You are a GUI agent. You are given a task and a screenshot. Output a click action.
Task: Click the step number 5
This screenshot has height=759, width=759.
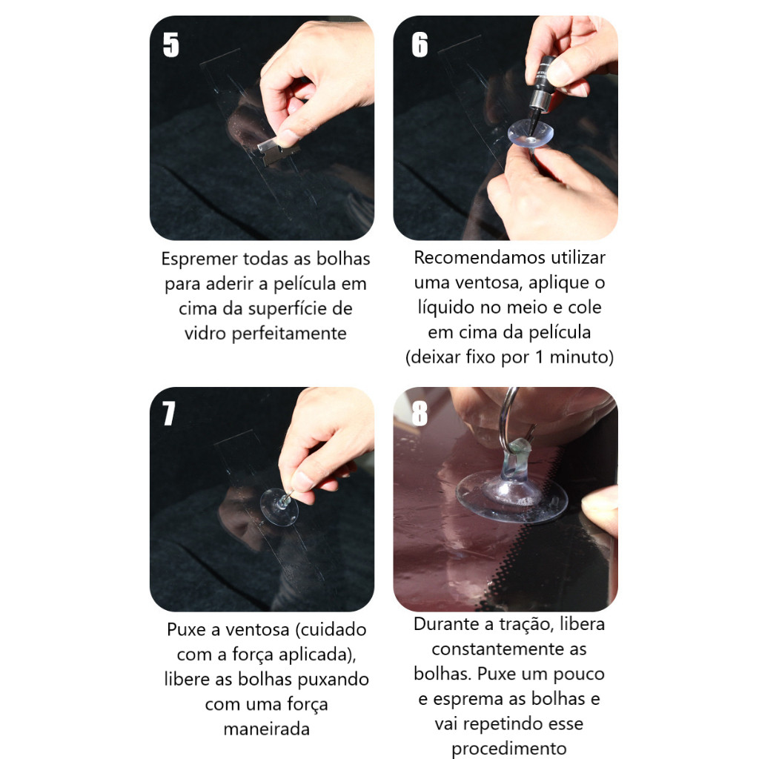coord(171,45)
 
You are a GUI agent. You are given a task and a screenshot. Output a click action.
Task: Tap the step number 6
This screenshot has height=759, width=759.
coord(420,45)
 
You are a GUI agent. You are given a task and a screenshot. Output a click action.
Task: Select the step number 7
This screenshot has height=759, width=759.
coord(168,414)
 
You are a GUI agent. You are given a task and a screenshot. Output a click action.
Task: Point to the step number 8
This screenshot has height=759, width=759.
coord(420,414)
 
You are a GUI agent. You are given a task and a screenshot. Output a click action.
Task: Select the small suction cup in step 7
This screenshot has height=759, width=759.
coord(279,507)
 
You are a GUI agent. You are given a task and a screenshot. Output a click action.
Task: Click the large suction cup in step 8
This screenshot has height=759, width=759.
coord(511,494)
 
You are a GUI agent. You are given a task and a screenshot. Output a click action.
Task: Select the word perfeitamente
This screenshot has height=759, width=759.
coord(289,334)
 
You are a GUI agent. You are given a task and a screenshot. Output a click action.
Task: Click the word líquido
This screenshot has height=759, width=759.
coord(445,308)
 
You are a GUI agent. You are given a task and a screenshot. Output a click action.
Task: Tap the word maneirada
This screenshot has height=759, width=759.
coord(267,729)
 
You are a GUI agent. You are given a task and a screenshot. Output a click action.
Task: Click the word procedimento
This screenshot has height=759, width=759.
coord(509,749)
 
